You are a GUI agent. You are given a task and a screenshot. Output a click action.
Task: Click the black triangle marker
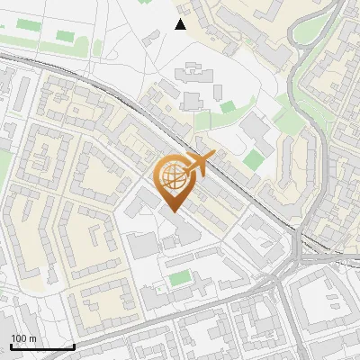click(x=181, y=24)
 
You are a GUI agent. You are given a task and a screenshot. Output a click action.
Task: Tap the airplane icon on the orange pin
click(x=199, y=164)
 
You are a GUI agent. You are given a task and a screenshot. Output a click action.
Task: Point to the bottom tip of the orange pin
click(x=172, y=211)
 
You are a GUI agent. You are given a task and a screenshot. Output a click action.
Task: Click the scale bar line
click(x=42, y=347)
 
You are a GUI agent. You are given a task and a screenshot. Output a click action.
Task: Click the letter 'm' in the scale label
click(x=32, y=338)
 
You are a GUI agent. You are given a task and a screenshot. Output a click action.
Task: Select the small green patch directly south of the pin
click(x=180, y=278)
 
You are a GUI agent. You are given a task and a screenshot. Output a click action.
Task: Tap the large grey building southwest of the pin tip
click(x=142, y=244)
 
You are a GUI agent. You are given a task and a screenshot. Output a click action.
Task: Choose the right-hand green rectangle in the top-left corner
click(x=65, y=36)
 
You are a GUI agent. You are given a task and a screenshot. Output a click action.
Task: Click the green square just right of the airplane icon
click(x=255, y=160)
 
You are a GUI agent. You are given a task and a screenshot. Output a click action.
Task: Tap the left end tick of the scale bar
click(x=11, y=345)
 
